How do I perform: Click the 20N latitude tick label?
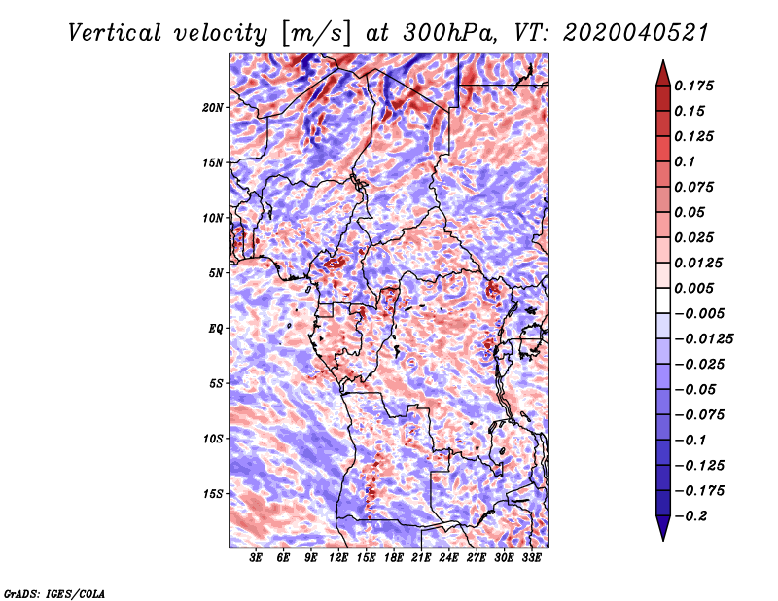pyautogui.click(x=213, y=107)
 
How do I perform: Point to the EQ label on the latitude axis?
pyautogui.click(x=216, y=329)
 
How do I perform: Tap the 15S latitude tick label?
pyautogui.click(x=213, y=494)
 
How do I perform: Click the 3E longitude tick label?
pyautogui.click(x=257, y=558)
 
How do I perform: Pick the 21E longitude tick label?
pyautogui.click(x=421, y=558)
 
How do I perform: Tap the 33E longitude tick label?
pyautogui.click(x=531, y=558)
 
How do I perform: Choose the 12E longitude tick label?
pyautogui.click(x=338, y=558)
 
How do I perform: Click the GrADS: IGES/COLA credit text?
pyautogui.click(x=54, y=591)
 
